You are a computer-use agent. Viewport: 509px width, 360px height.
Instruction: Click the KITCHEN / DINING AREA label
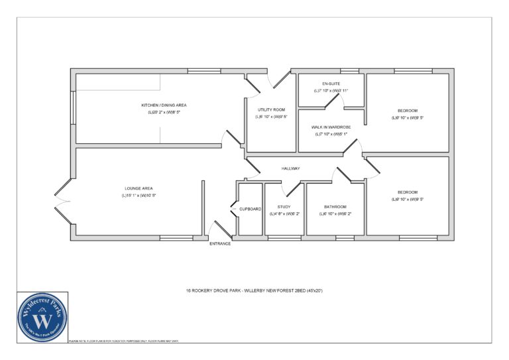[x=164, y=105]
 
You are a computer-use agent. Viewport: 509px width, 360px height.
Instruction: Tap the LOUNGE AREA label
[x=139, y=188]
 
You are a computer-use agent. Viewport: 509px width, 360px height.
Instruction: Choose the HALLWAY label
[x=290, y=168]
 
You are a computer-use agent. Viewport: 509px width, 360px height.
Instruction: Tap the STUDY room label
[x=284, y=207]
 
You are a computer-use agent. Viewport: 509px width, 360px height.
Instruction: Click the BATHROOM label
[x=335, y=207]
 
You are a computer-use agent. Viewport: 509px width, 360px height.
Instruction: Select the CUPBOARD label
[x=251, y=209]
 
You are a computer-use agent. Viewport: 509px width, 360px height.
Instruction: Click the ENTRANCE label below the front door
[x=220, y=244]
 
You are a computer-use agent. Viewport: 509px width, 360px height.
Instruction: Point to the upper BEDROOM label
[x=408, y=110]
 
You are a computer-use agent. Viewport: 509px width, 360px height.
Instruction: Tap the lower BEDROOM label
[x=408, y=192]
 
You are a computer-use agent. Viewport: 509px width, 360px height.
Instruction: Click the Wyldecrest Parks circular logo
[x=43, y=317]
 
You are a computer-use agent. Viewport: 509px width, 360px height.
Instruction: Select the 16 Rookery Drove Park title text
[x=254, y=290]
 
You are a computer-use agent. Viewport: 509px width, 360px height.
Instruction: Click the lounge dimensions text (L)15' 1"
[x=139, y=196]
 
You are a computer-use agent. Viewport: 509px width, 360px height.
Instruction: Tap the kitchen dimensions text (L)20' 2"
[x=164, y=112]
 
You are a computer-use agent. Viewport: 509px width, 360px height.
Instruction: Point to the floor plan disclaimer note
[x=124, y=341]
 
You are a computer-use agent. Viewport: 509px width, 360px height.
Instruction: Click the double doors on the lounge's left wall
[x=62, y=200]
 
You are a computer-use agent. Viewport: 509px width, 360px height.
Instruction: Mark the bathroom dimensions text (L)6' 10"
[x=335, y=214]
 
